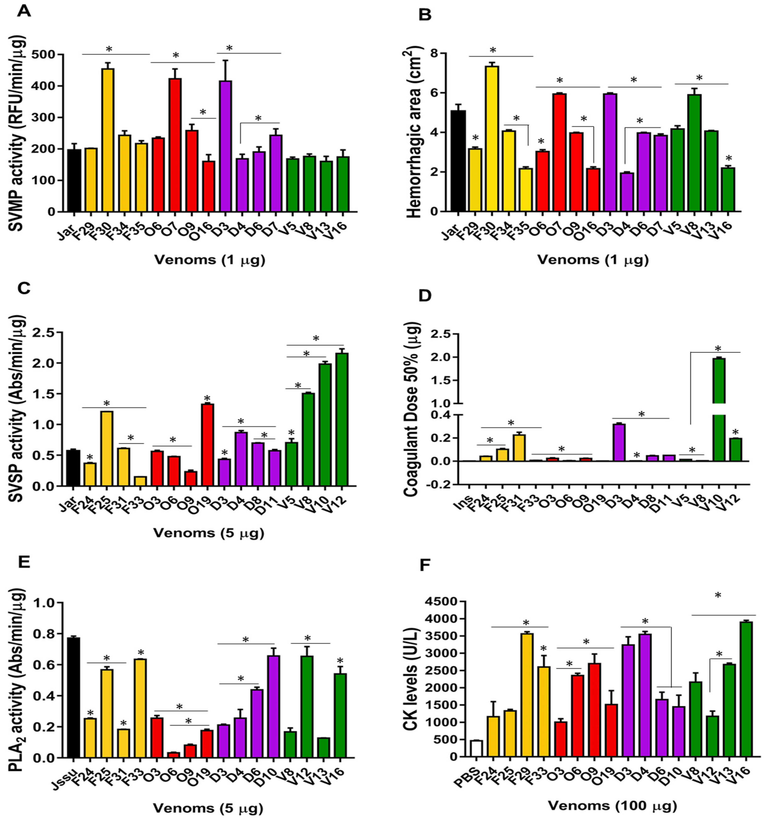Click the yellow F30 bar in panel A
click(x=108, y=140)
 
